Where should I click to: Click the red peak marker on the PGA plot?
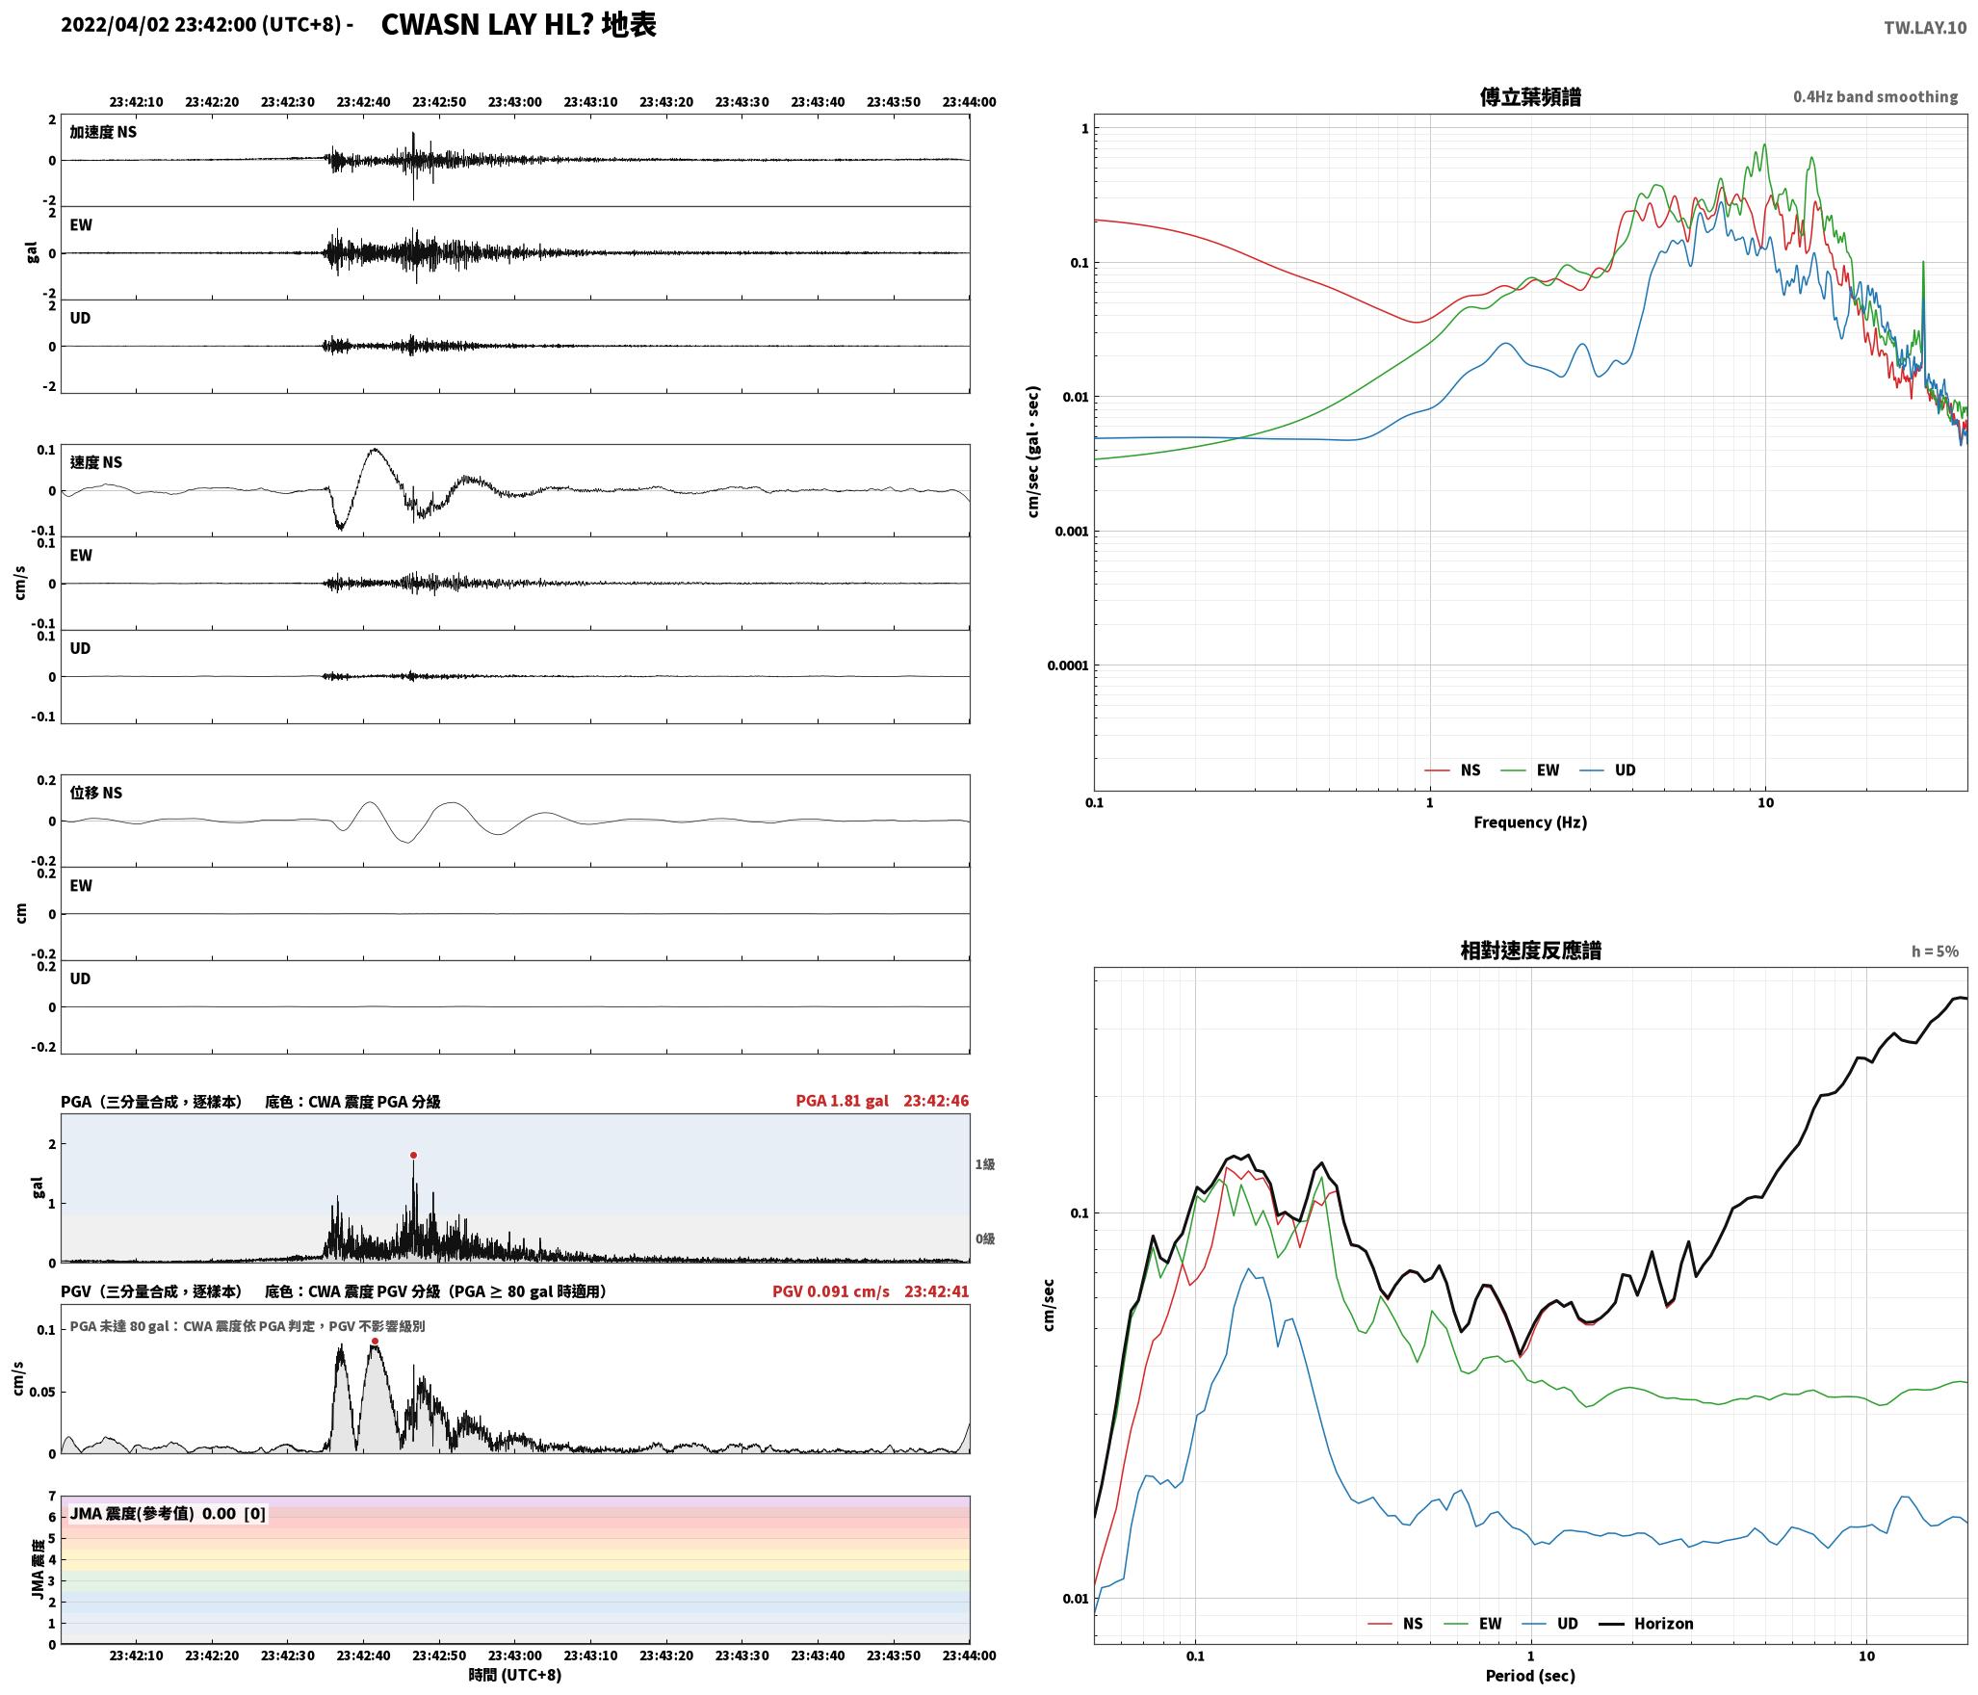pos(413,1155)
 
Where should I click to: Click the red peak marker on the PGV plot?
pos(375,1341)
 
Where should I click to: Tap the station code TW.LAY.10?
pos(1925,28)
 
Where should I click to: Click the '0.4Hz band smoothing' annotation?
pos(1875,97)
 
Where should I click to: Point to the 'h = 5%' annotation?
pos(1935,952)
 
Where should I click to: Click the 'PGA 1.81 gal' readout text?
pos(842,1101)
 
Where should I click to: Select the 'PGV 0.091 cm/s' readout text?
pos(831,1291)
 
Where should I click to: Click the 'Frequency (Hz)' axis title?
pos(1530,822)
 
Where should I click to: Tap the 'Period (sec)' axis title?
pos(1530,1676)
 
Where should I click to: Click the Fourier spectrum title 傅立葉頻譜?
pos(1530,96)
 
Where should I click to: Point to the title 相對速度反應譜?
pos(1530,951)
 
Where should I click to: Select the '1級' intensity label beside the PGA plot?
pos(985,1164)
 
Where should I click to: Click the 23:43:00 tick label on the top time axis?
pos(514,102)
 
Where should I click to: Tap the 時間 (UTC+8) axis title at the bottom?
pos(514,1675)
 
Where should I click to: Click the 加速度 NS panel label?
pos(103,132)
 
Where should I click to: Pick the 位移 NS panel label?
pos(96,793)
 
